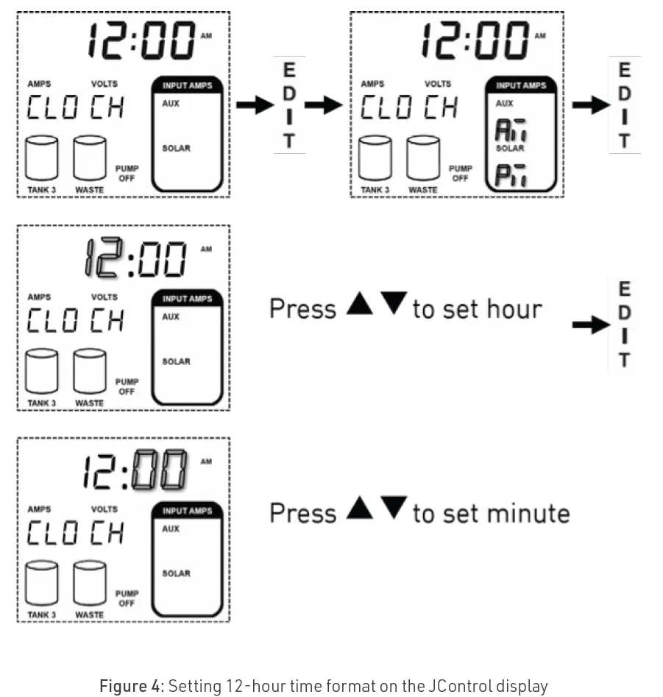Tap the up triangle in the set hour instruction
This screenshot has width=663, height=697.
point(360,304)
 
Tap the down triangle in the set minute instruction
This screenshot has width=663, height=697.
point(394,508)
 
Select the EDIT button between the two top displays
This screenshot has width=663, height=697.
point(289,105)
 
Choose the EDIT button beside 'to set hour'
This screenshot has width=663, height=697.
point(624,325)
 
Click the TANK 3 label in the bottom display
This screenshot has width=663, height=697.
point(41,615)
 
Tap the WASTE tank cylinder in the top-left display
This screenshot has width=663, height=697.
point(89,158)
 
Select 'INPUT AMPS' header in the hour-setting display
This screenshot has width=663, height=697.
point(187,299)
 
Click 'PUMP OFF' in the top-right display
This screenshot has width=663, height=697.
point(460,173)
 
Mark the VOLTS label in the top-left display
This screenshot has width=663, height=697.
point(104,85)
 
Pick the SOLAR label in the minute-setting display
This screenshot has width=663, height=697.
point(176,573)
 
